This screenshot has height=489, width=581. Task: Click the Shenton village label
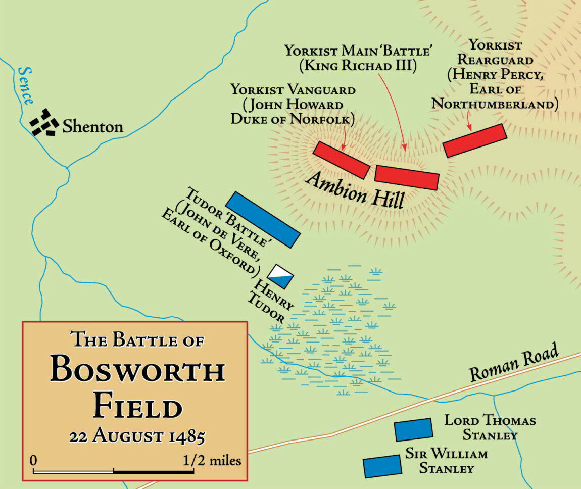click(x=93, y=126)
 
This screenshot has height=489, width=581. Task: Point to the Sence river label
click(x=26, y=85)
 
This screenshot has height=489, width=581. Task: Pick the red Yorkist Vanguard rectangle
click(x=342, y=160)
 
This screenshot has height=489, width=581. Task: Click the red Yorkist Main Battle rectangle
click(x=407, y=177)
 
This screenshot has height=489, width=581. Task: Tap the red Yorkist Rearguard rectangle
click(x=474, y=140)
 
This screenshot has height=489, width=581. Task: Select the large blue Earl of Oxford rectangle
click(x=263, y=220)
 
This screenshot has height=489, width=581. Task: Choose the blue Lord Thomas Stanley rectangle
click(x=413, y=429)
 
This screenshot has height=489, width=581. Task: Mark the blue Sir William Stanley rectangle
click(x=382, y=466)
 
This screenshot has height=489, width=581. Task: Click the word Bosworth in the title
click(x=137, y=372)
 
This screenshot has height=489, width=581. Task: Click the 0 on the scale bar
click(x=33, y=461)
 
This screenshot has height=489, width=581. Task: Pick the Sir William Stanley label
click(x=447, y=461)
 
